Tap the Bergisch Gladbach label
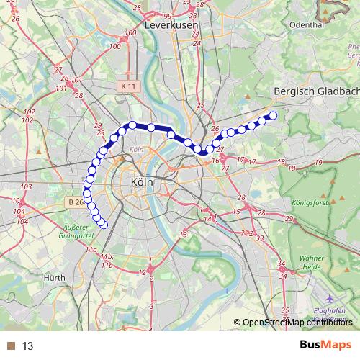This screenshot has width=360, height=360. pos(317,91)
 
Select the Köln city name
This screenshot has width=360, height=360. pos(142,183)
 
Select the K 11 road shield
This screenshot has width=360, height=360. pos(128,85)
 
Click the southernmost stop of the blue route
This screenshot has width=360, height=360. pos(103,225)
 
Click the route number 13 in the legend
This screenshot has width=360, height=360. pos(28,346)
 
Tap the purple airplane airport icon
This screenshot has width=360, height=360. pos(328,298)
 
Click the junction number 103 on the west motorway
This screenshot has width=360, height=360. pos(27,187)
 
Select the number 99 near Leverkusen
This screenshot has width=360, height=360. pos(167,16)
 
